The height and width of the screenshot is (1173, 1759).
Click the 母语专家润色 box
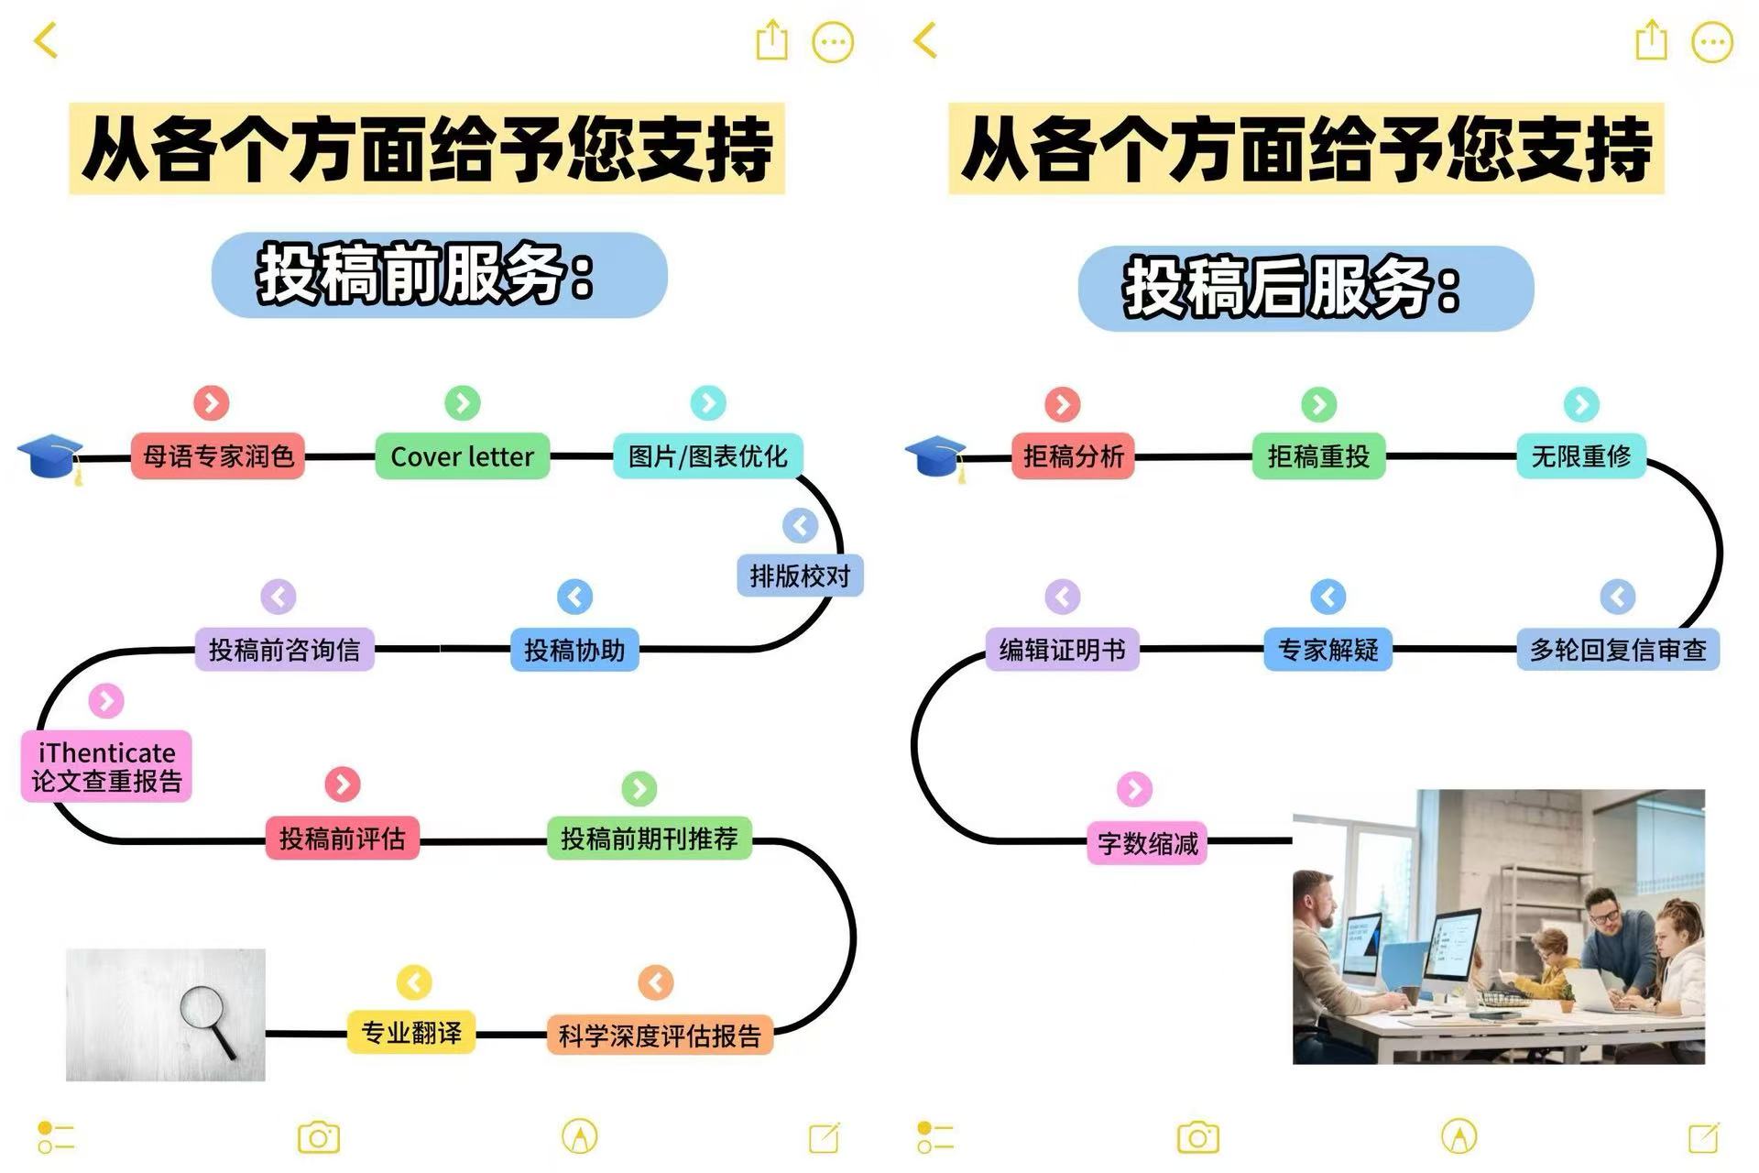[217, 456]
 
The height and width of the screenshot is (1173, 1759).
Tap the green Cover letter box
[462, 456]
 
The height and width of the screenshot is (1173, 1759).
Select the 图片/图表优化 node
[707, 456]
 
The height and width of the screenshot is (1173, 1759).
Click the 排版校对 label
[800, 576]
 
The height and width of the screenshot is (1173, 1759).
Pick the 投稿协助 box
[574, 650]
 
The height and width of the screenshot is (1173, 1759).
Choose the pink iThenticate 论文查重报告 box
[106, 766]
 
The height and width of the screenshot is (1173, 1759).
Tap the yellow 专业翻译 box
[411, 1033]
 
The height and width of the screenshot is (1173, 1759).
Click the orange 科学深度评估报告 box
[660, 1036]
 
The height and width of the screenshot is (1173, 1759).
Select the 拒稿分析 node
[1073, 456]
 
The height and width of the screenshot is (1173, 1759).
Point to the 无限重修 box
[1581, 456]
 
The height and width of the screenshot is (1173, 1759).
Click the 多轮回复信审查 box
[1618, 650]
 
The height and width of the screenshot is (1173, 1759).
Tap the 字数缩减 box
[1147, 843]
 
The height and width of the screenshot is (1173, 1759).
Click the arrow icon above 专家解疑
[1327, 597]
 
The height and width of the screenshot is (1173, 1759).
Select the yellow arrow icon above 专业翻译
[414, 982]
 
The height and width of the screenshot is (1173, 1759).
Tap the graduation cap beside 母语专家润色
[50, 457]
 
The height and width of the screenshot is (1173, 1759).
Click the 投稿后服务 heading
[1293, 289]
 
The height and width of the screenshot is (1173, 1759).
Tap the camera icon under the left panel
[319, 1137]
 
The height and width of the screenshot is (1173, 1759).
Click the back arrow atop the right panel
[925, 40]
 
